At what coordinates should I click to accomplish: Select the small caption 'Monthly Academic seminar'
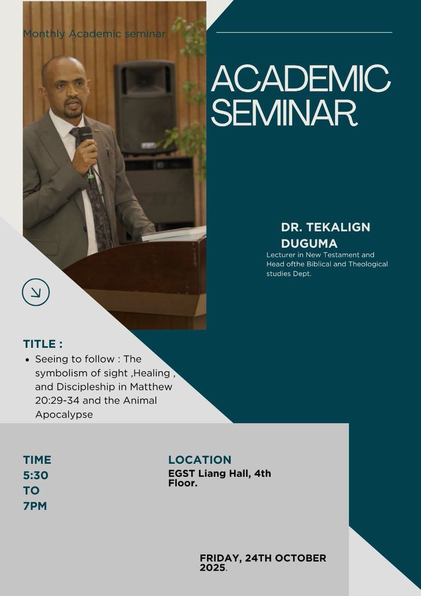coord(94,34)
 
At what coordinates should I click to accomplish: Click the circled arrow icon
coord(36,292)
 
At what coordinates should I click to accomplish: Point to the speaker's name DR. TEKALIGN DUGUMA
coord(325,235)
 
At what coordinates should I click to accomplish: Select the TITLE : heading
coord(43,344)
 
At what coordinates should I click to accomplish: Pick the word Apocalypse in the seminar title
coord(64,414)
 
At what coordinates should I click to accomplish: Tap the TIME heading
coord(37,460)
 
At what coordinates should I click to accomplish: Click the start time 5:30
coord(35,475)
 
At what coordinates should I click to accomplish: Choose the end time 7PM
coord(35,506)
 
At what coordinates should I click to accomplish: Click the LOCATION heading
coord(200,460)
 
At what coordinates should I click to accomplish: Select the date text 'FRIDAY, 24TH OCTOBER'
coord(263,558)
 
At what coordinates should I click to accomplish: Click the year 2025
coord(212,567)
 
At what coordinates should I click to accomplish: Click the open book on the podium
coord(174,234)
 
